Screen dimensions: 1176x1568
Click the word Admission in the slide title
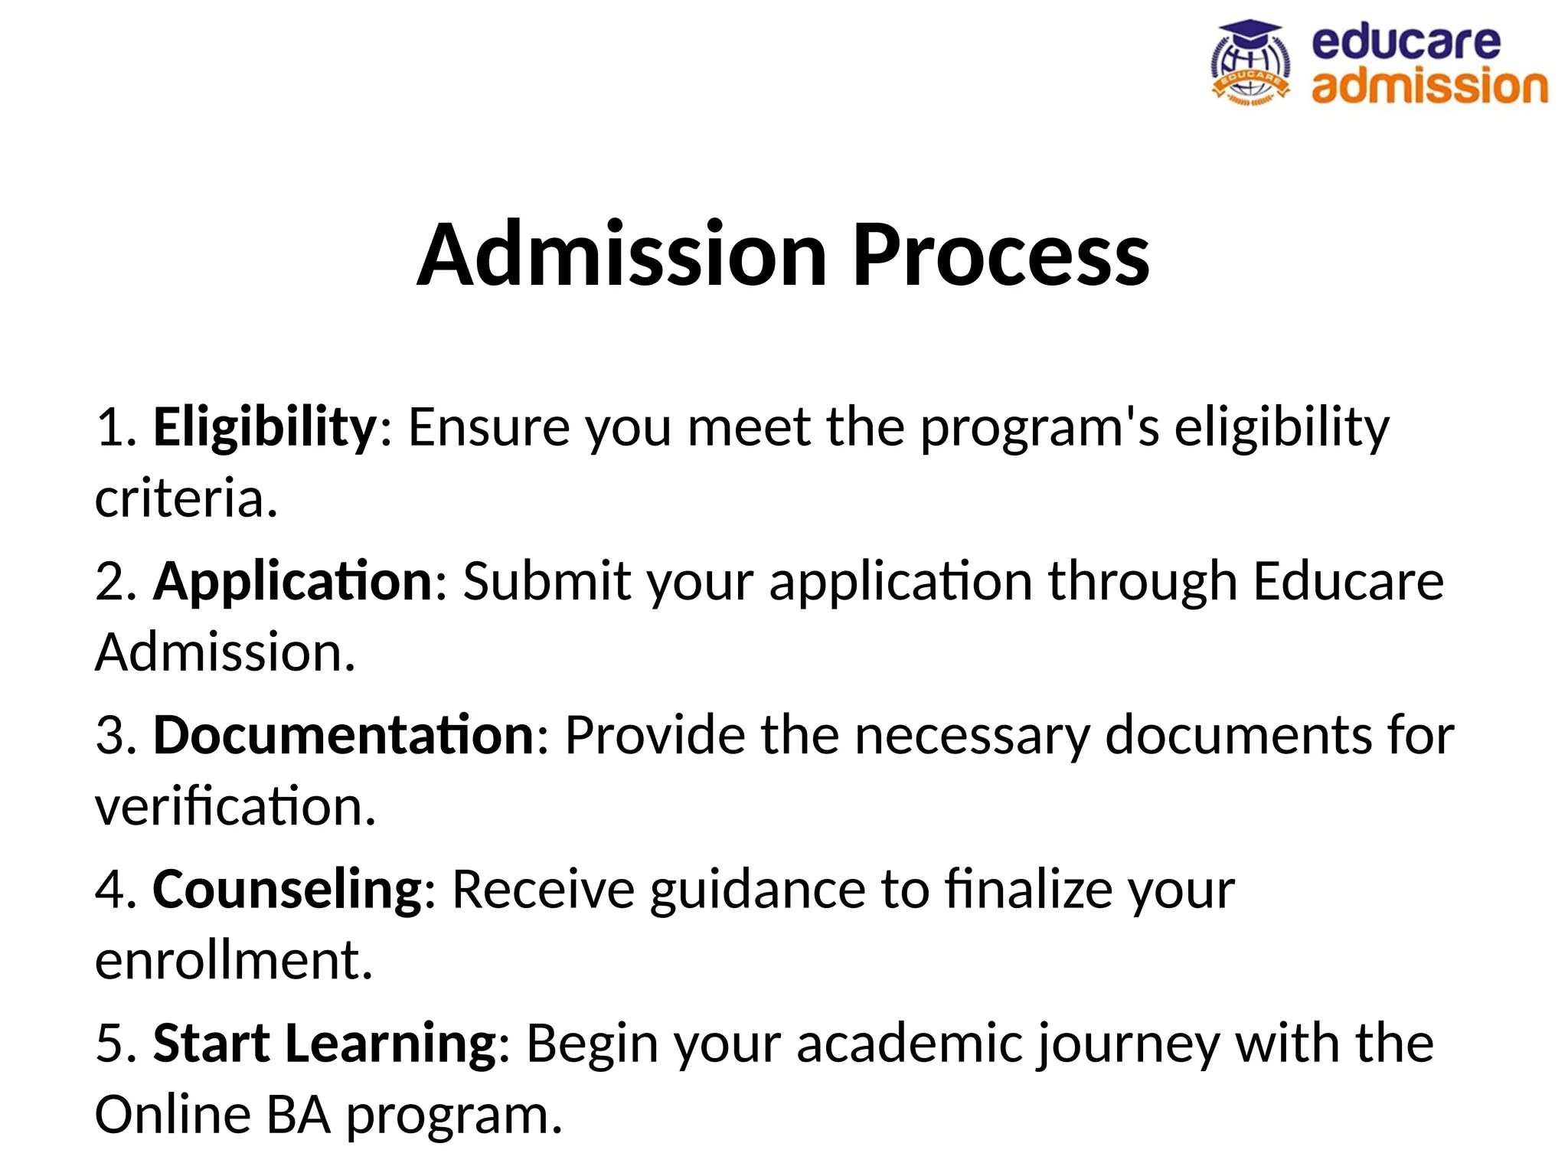(622, 254)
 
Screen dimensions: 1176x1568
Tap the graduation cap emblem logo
(1249, 63)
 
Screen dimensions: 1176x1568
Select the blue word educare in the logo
(1406, 42)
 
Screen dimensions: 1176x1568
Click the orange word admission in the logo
(1429, 86)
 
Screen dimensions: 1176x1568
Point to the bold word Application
(293, 581)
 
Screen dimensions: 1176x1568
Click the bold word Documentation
(344, 735)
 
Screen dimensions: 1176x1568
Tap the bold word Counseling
(287, 890)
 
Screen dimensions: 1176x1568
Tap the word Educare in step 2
(1348, 581)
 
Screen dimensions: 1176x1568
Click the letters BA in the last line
(299, 1116)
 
